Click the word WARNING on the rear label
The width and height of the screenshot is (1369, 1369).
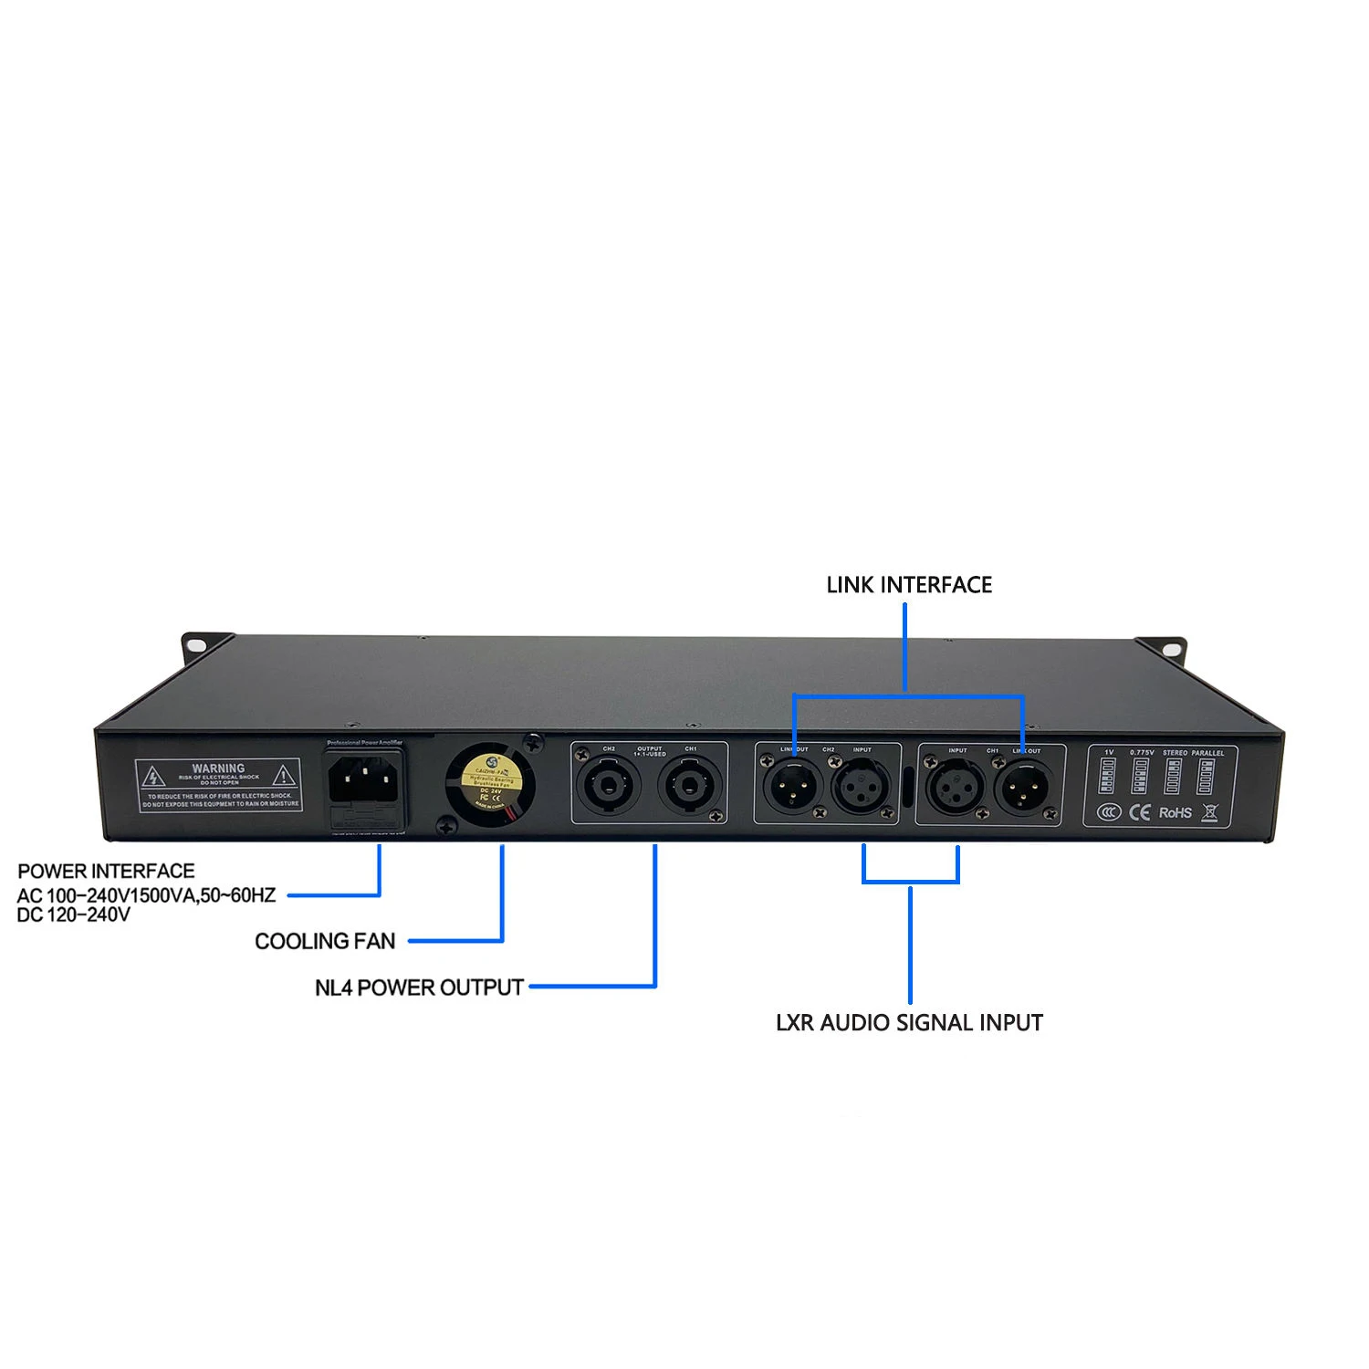coord(218,768)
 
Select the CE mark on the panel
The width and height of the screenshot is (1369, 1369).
coord(1140,811)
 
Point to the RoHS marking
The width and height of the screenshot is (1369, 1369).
coord(1176,812)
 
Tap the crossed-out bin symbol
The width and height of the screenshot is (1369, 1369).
coord(1210,812)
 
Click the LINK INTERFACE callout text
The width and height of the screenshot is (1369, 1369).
coord(909,585)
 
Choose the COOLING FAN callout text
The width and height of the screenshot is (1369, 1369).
coord(325,941)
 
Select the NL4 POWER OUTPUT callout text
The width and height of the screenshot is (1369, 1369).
coord(419,988)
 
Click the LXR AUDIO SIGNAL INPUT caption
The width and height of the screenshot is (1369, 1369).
coord(909,1023)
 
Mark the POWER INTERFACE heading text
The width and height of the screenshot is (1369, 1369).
coord(106,871)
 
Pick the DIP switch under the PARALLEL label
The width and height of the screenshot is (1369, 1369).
coord(1206,777)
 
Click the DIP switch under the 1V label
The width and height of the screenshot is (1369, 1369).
coord(1109,777)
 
